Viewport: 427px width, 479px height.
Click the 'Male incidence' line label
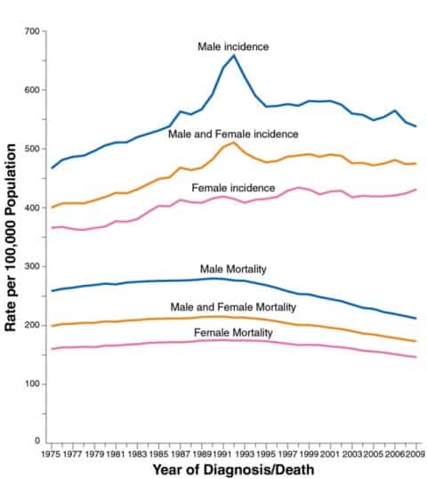tap(233, 45)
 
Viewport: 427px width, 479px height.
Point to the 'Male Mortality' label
tap(233, 269)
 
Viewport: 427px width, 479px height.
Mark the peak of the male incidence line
tap(234, 55)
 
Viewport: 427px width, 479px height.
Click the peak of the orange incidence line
tap(234, 142)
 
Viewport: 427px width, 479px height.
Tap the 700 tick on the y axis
tap(32, 32)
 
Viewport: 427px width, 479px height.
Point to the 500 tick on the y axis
tap(32, 150)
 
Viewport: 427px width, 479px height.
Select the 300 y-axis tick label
tap(32, 267)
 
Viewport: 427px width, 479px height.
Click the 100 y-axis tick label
tap(32, 384)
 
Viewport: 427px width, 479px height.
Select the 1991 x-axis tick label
tap(223, 454)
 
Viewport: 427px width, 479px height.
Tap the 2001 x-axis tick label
tap(330, 454)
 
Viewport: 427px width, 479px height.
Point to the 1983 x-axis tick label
tap(137, 454)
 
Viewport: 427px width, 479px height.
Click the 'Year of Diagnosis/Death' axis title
tap(234, 469)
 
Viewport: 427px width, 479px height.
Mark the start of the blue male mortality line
tap(52, 291)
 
